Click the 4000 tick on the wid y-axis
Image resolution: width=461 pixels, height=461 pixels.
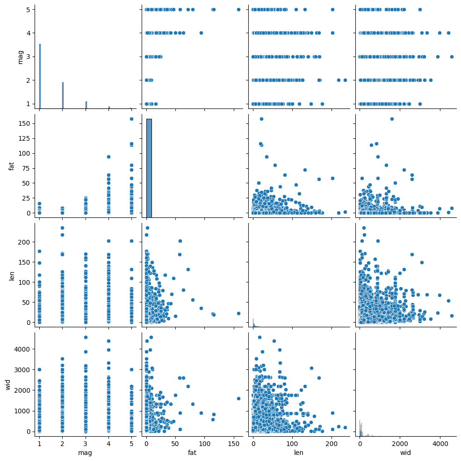pos(22,349)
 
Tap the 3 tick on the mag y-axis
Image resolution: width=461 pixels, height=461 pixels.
pos(29,57)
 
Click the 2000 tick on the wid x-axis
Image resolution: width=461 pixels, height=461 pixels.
pos(400,442)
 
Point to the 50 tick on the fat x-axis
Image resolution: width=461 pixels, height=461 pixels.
pos(175,442)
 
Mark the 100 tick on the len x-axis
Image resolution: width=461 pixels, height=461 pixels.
pos(292,442)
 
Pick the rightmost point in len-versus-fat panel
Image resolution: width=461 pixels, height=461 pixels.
pos(238,313)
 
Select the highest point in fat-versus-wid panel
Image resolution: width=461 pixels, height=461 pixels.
pos(392,119)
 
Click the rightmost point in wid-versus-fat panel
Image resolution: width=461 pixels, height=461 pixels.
pos(238,398)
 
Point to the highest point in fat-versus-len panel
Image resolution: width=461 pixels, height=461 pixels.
pos(261,119)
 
